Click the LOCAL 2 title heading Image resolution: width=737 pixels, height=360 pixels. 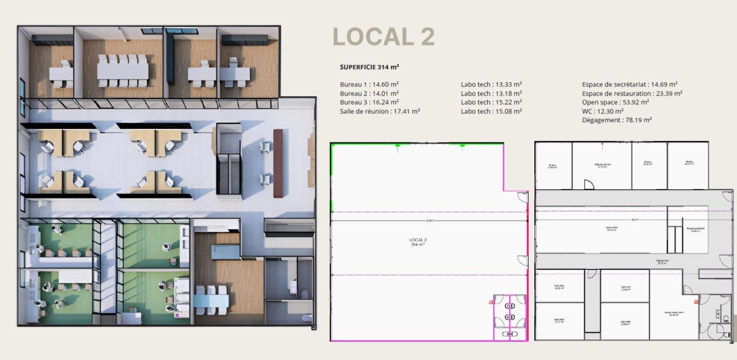[383, 36]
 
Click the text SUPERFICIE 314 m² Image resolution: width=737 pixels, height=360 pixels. [369, 67]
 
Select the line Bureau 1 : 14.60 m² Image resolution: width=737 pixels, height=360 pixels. [369, 85]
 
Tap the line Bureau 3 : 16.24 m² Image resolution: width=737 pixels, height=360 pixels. [369, 102]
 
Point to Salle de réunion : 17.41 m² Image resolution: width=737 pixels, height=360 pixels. [379, 111]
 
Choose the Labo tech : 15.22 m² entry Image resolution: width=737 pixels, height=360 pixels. [491, 102]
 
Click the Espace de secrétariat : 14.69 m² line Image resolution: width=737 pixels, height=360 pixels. [629, 85]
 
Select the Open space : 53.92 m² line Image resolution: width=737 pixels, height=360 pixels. [615, 102]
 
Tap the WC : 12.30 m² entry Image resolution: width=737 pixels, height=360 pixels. [602, 111]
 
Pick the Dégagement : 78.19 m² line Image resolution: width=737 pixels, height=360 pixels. [617, 120]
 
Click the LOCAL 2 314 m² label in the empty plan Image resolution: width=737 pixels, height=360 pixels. [417, 242]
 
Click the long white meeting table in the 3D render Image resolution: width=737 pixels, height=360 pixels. [123, 71]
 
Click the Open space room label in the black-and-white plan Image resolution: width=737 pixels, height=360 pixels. [611, 228]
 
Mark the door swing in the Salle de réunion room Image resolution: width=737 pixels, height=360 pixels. [588, 185]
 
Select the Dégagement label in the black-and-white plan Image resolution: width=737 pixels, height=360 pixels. [662, 261]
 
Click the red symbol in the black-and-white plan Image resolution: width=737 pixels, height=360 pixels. [696, 301]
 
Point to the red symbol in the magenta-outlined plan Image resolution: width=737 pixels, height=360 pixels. [491, 301]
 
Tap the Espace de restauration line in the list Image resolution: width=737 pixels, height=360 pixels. [632, 93]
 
